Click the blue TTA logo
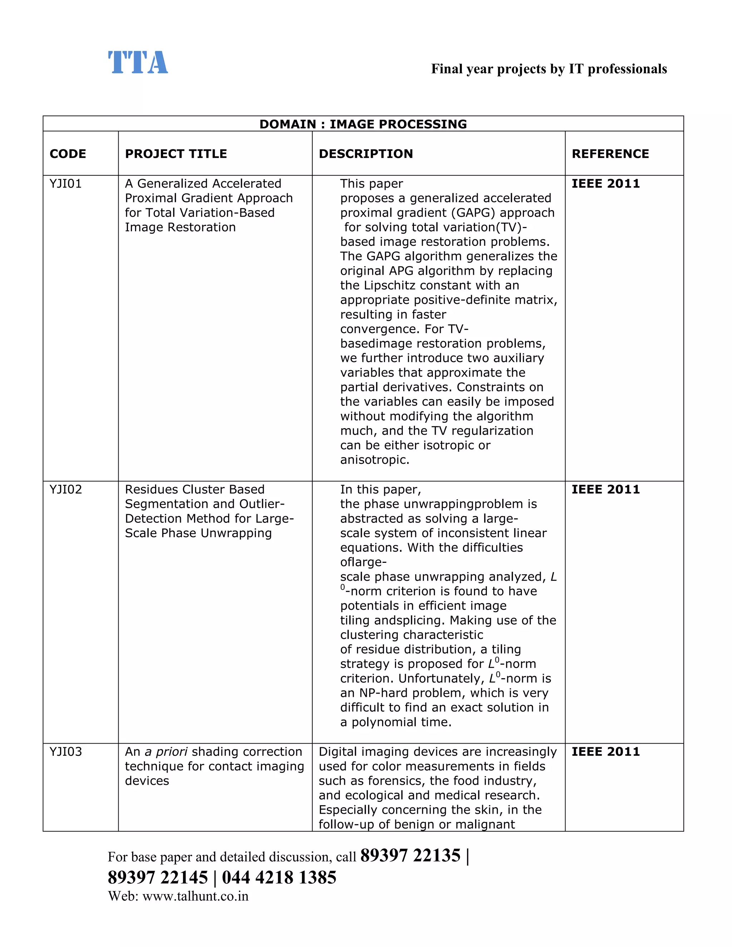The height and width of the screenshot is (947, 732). tap(138, 63)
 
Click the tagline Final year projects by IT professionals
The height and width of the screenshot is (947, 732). tap(549, 69)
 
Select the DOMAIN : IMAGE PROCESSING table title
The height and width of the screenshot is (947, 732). tap(363, 124)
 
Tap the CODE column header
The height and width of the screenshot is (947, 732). tap(68, 154)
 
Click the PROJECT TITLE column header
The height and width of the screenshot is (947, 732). tap(175, 154)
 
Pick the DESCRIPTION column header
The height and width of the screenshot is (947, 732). tap(366, 154)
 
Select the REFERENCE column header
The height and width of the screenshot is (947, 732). tap(610, 154)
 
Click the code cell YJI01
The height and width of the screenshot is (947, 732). tap(65, 184)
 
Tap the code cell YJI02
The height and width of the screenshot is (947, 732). tap(65, 490)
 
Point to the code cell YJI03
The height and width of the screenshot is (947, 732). tap(65, 752)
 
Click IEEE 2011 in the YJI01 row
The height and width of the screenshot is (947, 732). tap(605, 184)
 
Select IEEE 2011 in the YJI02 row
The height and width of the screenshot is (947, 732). tap(605, 490)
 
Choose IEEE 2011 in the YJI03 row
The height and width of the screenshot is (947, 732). tap(605, 752)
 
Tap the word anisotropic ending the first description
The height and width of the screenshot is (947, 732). tap(374, 460)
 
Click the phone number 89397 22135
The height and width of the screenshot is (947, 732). tap(410, 856)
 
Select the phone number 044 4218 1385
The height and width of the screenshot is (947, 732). tap(279, 878)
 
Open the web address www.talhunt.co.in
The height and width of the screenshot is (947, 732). tap(195, 896)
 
